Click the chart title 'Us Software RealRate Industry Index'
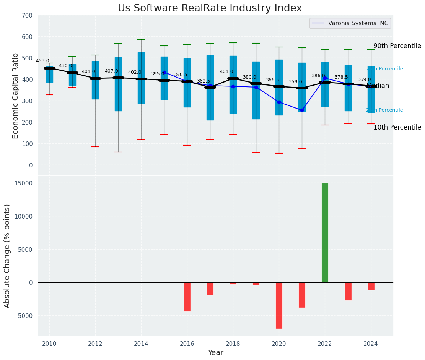click(x=210, y=8)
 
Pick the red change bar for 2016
click(x=187, y=297)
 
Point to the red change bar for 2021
click(x=302, y=295)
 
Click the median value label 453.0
click(x=42, y=61)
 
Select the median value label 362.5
click(x=203, y=81)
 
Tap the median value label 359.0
click(x=295, y=82)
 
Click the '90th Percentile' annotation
click(x=397, y=46)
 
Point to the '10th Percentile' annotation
click(x=397, y=127)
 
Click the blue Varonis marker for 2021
click(x=302, y=110)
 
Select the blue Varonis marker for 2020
click(x=279, y=102)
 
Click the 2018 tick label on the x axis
click(x=233, y=344)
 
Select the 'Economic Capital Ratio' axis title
click(x=16, y=96)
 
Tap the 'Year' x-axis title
click(x=215, y=353)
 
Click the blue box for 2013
click(x=118, y=84)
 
